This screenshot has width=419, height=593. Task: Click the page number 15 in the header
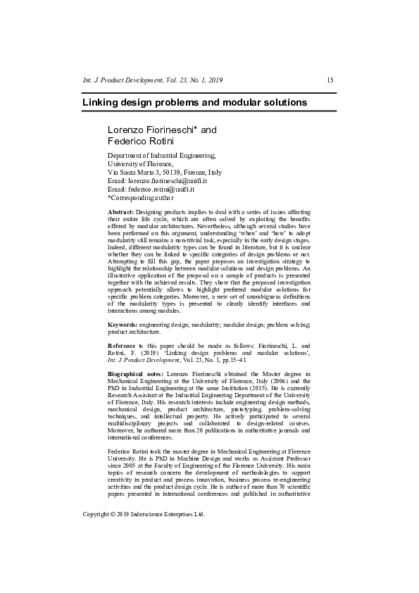pos(330,81)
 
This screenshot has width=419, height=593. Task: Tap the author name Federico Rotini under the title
pos(135,142)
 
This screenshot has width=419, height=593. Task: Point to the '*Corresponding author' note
pos(141,198)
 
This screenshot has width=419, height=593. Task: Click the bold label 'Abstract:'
pos(120,212)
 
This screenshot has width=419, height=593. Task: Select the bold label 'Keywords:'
pos(123,325)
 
